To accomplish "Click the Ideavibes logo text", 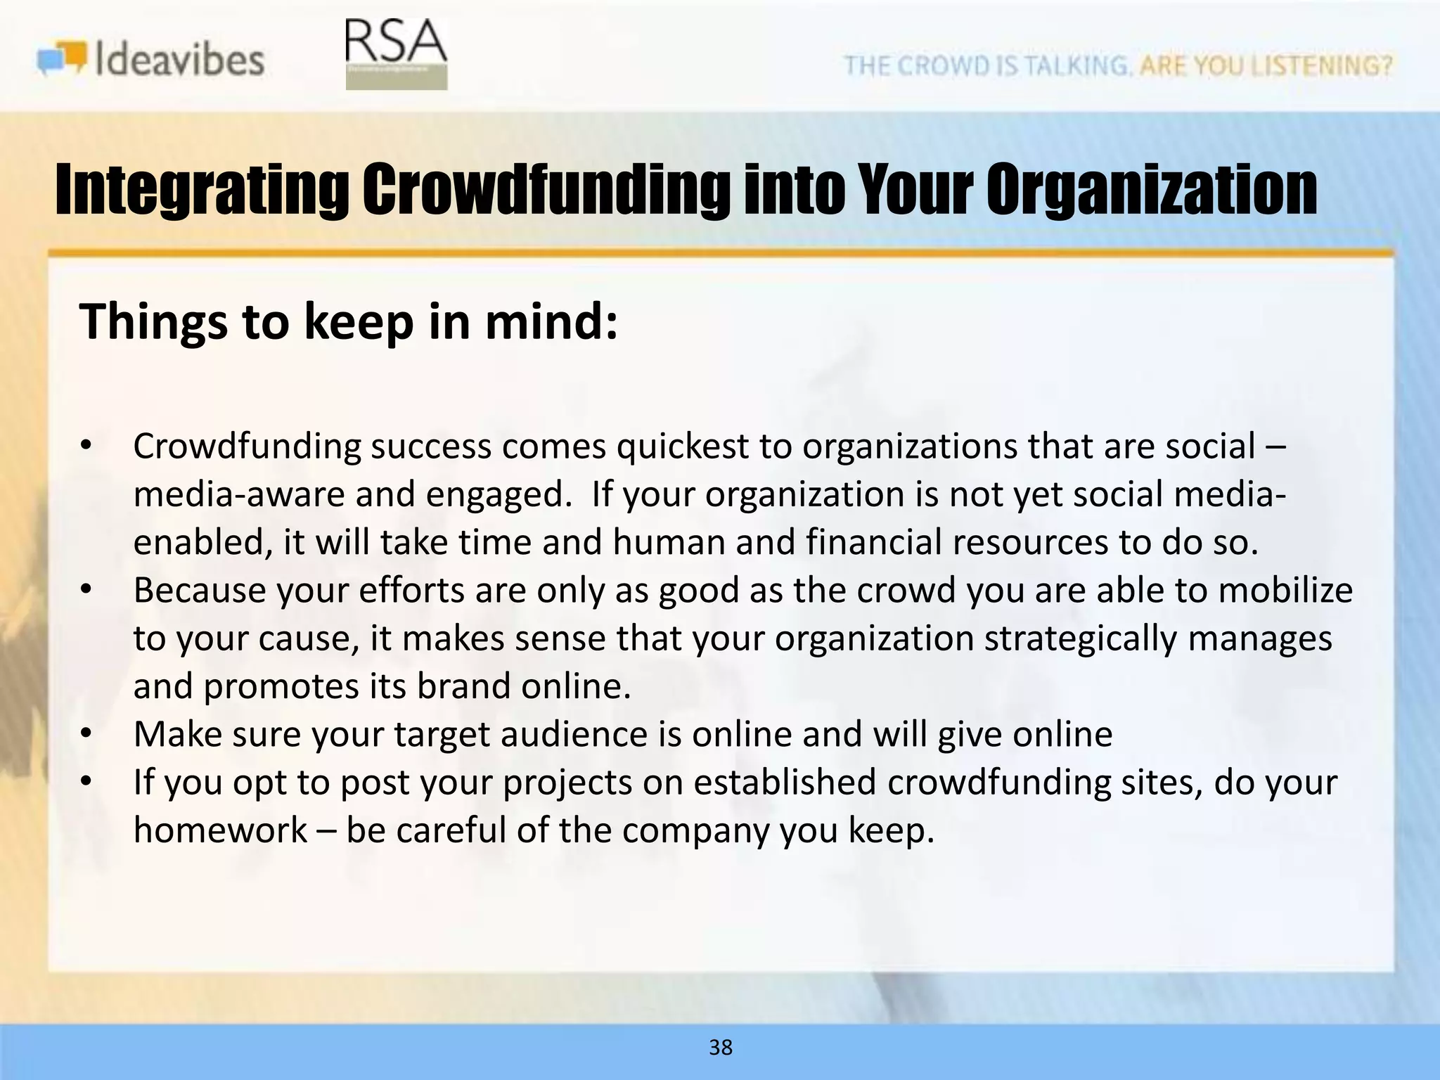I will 179,59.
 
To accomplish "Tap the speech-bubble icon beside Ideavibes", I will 63,58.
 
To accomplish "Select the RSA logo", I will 396,53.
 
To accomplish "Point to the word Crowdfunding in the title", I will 545,190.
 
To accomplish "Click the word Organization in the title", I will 1151,190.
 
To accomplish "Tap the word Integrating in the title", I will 201,190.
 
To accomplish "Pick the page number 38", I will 721,1047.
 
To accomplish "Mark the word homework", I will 220,830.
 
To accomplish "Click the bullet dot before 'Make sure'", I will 86,734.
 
